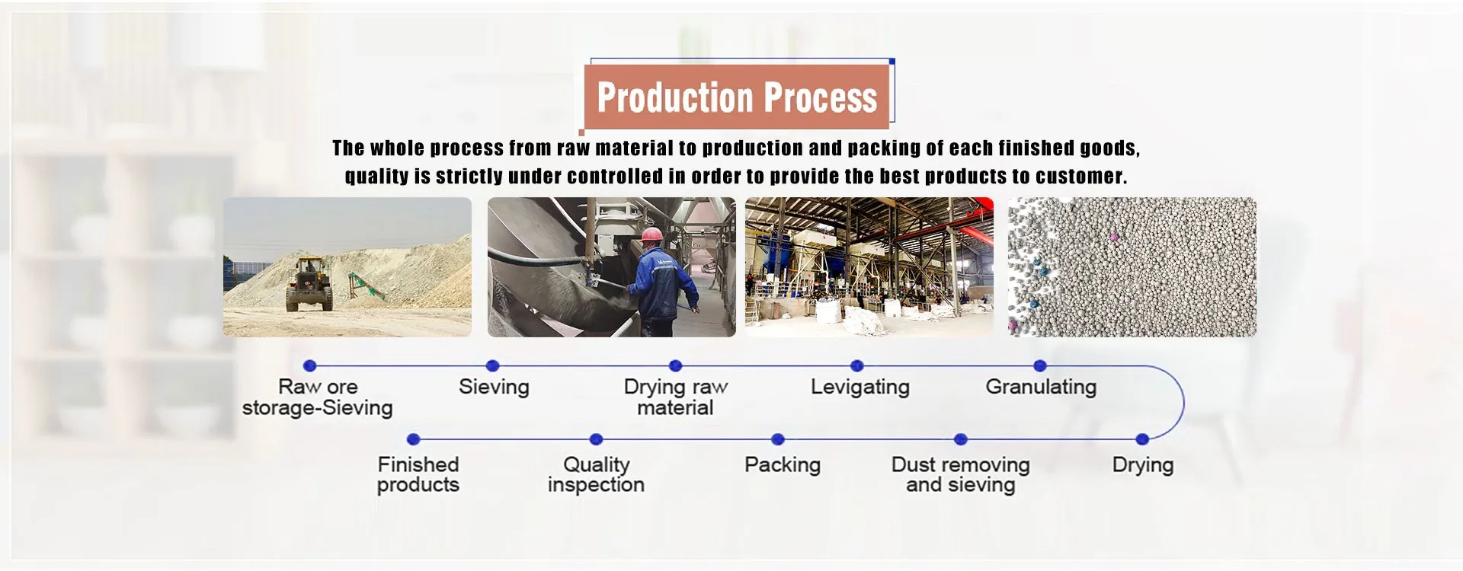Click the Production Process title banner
point(737,97)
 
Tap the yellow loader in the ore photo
point(309,283)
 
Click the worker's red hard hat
point(651,234)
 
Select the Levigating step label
point(860,388)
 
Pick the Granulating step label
point(1041,388)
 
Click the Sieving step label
point(494,387)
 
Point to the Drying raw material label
point(676,397)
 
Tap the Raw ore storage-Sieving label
point(317,397)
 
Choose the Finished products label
point(418,474)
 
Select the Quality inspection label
point(596,474)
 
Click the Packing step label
point(783,464)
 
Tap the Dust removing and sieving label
point(960,474)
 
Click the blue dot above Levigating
point(857,365)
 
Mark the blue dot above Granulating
point(1040,365)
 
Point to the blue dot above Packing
point(778,439)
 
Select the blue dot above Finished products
point(414,439)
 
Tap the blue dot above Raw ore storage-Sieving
point(309,365)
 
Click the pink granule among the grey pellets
point(1114,238)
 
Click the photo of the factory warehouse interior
point(869,267)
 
